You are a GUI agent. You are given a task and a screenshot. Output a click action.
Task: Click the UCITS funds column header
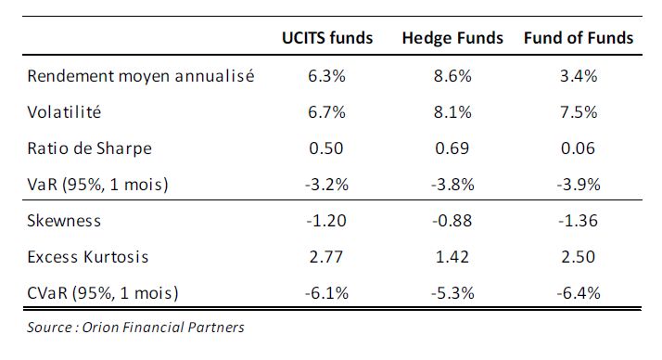click(327, 38)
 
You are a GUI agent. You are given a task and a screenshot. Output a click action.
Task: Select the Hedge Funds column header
click(452, 38)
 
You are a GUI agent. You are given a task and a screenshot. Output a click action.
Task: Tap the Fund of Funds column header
click(579, 38)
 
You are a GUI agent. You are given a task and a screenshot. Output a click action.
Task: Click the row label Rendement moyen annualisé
click(141, 76)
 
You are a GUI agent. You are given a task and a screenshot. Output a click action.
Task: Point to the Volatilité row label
click(64, 112)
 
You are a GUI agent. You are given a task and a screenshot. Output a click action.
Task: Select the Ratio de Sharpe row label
click(90, 148)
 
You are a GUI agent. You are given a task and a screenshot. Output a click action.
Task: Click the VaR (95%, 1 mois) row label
click(97, 185)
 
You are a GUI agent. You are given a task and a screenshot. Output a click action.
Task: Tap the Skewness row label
click(64, 221)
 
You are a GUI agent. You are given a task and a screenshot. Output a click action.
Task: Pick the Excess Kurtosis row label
click(88, 257)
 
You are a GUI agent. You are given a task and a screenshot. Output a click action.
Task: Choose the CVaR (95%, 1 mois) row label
click(103, 293)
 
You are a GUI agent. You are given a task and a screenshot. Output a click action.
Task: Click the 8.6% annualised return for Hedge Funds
click(452, 76)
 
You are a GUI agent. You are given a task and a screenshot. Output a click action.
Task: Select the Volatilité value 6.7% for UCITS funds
click(326, 112)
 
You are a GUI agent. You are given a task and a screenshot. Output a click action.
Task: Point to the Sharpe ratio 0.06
click(578, 148)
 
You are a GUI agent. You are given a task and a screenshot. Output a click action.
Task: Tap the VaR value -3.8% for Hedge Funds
click(452, 185)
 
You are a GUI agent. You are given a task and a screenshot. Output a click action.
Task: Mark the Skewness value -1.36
click(578, 221)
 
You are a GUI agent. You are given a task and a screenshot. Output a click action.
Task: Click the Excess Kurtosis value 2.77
click(326, 257)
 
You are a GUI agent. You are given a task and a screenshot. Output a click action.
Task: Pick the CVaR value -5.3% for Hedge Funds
click(452, 293)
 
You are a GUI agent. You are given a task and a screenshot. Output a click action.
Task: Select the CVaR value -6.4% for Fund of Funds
click(579, 293)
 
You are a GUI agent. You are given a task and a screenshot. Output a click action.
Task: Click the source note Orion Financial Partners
click(163, 328)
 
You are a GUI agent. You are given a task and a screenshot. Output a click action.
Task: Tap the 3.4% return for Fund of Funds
click(579, 76)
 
